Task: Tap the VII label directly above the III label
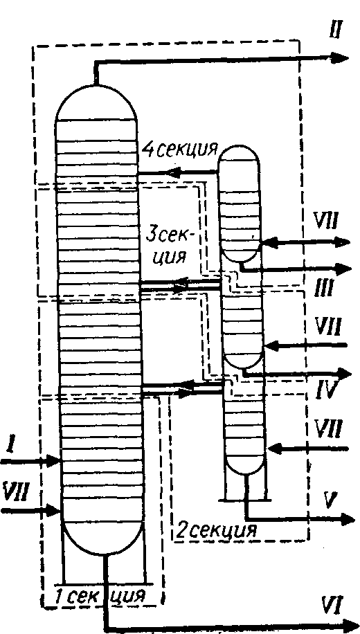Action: (x=326, y=222)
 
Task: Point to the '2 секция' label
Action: (x=215, y=529)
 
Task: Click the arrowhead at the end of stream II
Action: (x=340, y=58)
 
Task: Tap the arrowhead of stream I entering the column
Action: (x=53, y=460)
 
